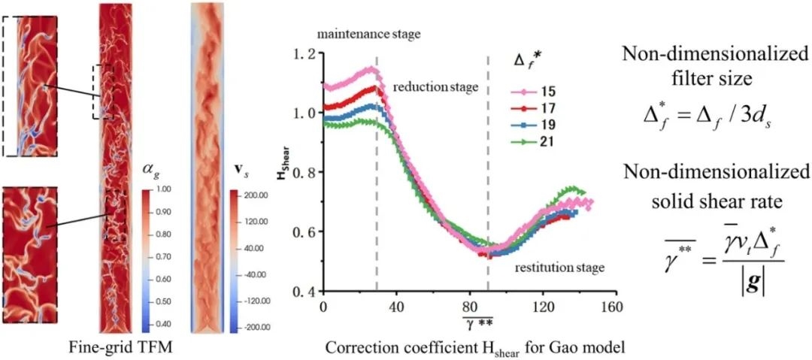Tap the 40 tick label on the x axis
point(396,307)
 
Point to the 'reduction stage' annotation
point(435,88)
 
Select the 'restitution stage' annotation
point(559,267)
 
